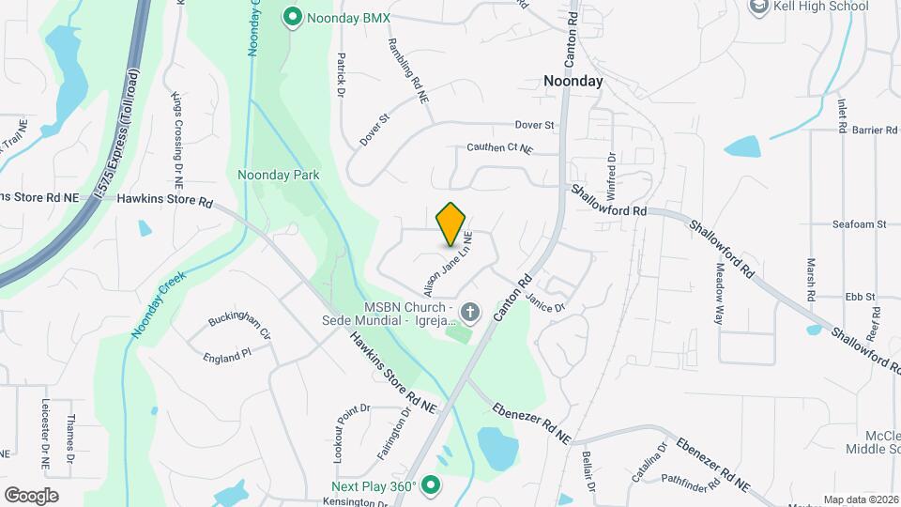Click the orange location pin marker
coord(451,223)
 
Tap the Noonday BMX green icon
coord(292,16)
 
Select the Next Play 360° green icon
coord(431,484)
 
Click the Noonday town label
coord(573,82)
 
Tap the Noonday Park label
coord(279,175)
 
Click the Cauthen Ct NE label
coord(499,148)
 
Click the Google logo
coord(31,496)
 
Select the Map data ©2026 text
coord(861,499)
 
